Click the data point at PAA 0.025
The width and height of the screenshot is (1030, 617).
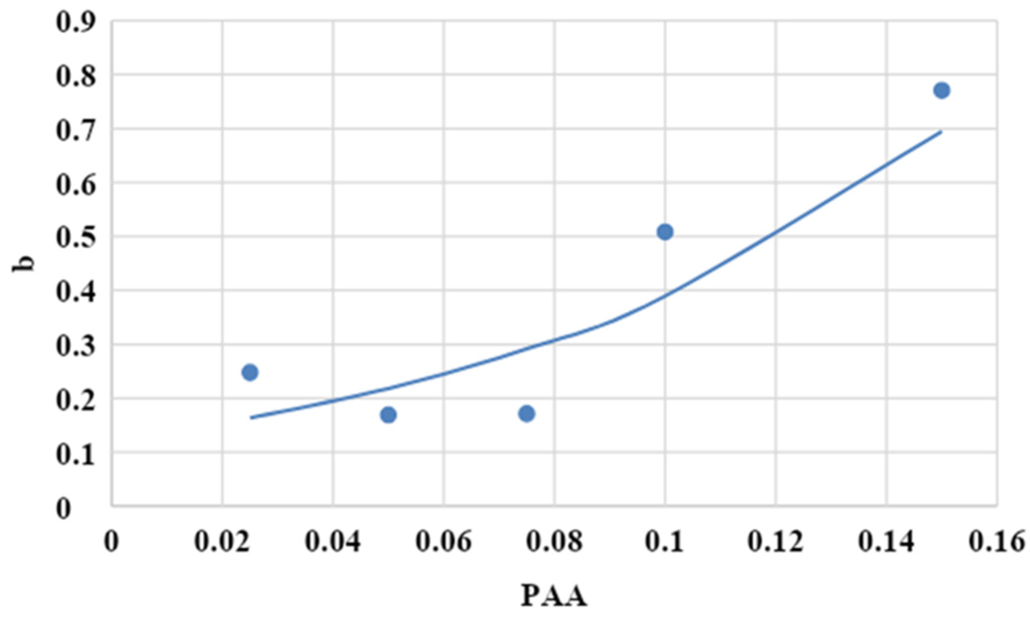tap(250, 372)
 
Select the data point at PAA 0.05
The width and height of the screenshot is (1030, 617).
tap(388, 415)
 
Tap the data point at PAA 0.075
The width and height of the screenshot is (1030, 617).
tap(527, 414)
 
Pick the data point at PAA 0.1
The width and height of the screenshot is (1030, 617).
tap(665, 232)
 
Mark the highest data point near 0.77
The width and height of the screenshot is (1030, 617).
tap(942, 90)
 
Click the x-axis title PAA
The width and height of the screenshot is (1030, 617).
tap(554, 596)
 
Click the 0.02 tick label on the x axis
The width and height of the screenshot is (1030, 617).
tap(223, 542)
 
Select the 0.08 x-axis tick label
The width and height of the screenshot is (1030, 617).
tap(554, 542)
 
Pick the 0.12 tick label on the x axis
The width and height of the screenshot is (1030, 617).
tap(775, 542)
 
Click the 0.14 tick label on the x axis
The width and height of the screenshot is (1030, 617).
tap(886, 542)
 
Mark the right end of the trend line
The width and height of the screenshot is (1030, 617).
tap(941, 131)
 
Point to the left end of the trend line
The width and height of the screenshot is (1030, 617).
tap(251, 418)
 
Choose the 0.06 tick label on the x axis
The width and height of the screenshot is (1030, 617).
tap(444, 542)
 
